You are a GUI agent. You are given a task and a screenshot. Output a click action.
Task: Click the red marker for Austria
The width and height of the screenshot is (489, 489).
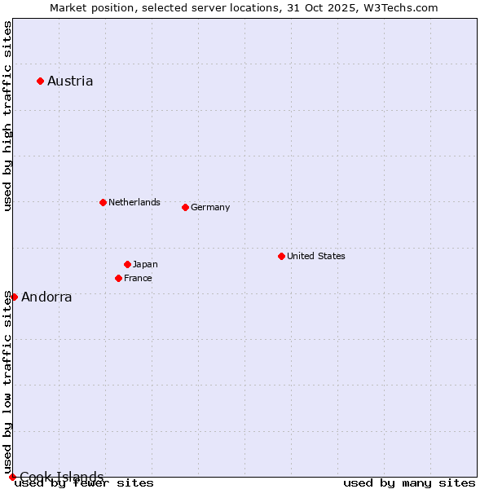(x=40, y=81)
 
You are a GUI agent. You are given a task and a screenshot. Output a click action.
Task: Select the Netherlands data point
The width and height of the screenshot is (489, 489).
(x=103, y=202)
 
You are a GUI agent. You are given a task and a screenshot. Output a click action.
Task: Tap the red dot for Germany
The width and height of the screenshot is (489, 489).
(x=185, y=207)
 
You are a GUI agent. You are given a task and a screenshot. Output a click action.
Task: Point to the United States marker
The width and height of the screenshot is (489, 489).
(x=281, y=256)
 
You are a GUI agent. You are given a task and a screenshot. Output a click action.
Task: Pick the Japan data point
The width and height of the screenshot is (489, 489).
(x=127, y=264)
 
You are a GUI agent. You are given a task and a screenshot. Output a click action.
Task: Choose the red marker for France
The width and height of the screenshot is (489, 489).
(x=118, y=278)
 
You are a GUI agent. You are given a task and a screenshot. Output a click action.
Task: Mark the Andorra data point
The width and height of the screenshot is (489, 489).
(x=14, y=297)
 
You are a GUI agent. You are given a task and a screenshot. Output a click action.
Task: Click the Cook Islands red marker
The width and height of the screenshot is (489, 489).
(x=12, y=477)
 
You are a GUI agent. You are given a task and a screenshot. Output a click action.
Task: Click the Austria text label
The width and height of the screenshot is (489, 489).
(x=70, y=81)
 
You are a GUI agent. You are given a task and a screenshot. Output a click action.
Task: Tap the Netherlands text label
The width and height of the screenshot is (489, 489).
(x=134, y=202)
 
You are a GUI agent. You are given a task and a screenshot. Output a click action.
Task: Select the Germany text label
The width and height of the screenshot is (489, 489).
(x=210, y=207)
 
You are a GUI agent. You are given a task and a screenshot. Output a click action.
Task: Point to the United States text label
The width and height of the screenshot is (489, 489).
(x=316, y=256)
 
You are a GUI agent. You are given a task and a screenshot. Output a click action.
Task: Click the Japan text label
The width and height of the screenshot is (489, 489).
(x=145, y=264)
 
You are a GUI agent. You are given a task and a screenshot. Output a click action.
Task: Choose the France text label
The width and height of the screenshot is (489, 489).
(x=138, y=278)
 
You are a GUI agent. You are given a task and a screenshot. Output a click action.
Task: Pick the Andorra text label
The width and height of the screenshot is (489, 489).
(x=46, y=297)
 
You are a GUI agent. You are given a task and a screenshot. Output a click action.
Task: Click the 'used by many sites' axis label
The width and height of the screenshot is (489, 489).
(x=409, y=483)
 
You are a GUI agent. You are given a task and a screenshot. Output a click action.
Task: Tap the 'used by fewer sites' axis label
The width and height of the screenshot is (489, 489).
(x=85, y=483)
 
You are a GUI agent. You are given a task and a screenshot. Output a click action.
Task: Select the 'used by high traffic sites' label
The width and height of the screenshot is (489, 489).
(x=7, y=116)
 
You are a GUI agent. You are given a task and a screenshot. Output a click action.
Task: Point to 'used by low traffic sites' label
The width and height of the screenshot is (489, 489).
(x=7, y=382)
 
